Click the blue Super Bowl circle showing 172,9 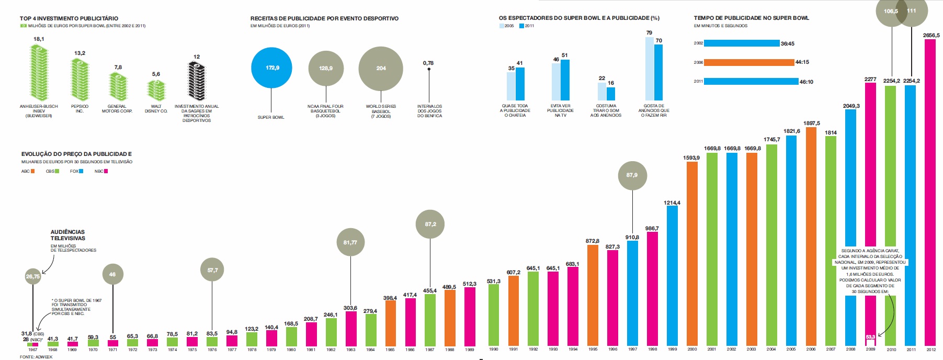[x=271, y=68]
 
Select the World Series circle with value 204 [x=381, y=69]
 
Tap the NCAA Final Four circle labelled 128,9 [x=326, y=69]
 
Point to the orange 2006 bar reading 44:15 [x=749, y=62]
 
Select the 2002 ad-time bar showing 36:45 [x=742, y=43]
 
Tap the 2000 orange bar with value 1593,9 [x=692, y=254]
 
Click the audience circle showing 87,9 [x=632, y=175]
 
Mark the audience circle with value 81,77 [x=350, y=242]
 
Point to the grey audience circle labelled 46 [x=112, y=274]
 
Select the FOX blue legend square [x=81, y=171]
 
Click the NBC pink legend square [x=106, y=171]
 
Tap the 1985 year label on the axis [x=390, y=350]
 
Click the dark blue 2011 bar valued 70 [x=658, y=72]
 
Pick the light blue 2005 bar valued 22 [x=602, y=92]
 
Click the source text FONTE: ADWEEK [x=36, y=357]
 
